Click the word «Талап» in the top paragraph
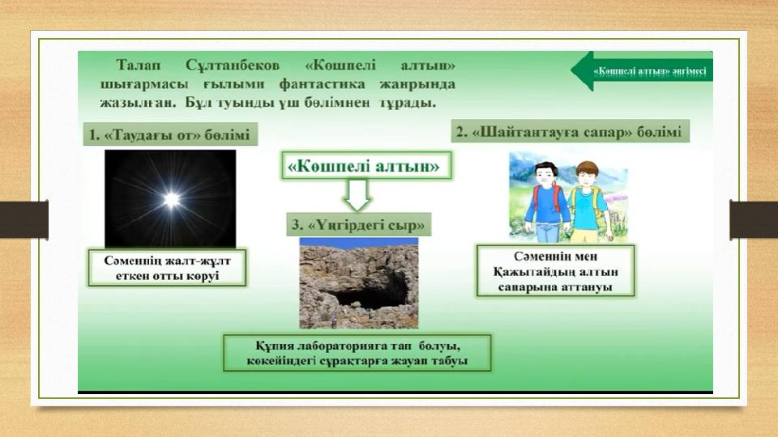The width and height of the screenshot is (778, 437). pyautogui.click(x=139, y=66)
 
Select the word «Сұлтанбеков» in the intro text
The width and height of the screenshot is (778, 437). pyautogui.click(x=233, y=66)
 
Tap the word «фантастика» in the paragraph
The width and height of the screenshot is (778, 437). pyautogui.click(x=322, y=84)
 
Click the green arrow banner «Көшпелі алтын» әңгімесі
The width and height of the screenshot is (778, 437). pyautogui.click(x=642, y=71)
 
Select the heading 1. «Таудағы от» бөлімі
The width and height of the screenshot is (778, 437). pyautogui.click(x=170, y=134)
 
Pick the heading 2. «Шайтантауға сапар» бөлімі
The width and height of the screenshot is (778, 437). pyautogui.click(x=570, y=131)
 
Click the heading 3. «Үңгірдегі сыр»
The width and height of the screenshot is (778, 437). pyautogui.click(x=359, y=224)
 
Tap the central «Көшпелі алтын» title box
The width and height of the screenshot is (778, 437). pyautogui.click(x=366, y=165)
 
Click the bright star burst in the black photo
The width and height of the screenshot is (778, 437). pyautogui.click(x=172, y=199)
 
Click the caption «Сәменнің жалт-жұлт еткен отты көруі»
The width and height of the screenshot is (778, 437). pyautogui.click(x=167, y=268)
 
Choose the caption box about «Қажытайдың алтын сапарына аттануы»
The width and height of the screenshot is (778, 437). pyautogui.click(x=555, y=271)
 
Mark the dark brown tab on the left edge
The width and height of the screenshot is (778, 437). pyautogui.click(x=24, y=219)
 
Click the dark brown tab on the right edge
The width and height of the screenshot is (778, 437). pyautogui.click(x=754, y=219)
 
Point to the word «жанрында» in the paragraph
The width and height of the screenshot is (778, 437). pyautogui.click(x=417, y=84)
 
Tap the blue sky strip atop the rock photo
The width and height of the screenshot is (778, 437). pyautogui.click(x=359, y=242)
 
